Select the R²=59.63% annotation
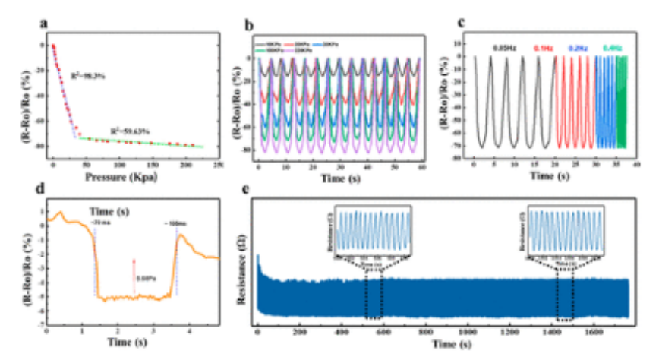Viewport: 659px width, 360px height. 127,129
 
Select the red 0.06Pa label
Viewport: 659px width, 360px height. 145,279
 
